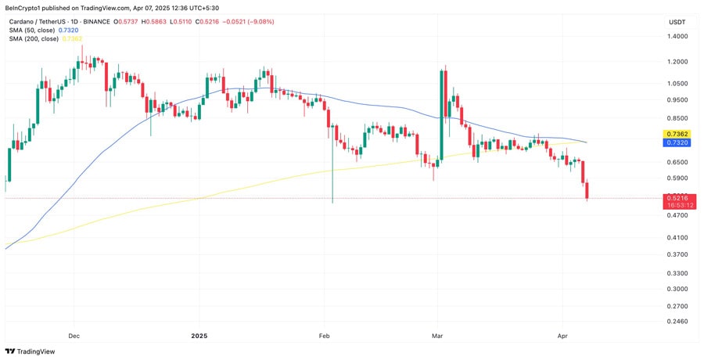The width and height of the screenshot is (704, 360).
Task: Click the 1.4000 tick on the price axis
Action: [x=677, y=36]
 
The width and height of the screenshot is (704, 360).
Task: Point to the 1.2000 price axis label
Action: [x=677, y=61]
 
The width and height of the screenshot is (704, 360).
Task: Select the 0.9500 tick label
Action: [x=677, y=99]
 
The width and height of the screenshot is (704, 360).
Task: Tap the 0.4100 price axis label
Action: [x=677, y=237]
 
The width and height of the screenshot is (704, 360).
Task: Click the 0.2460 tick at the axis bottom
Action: [x=677, y=322]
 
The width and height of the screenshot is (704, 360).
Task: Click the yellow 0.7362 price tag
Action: [x=677, y=134]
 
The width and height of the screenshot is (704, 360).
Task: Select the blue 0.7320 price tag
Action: [x=677, y=142]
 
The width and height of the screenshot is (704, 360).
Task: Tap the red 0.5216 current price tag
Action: [x=677, y=199]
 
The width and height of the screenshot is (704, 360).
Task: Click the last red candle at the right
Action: [x=587, y=189]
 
